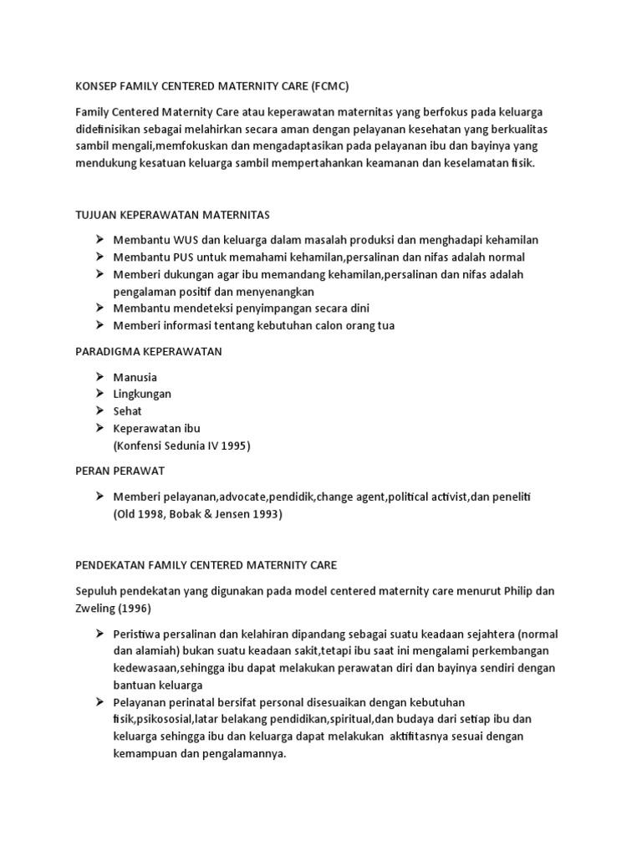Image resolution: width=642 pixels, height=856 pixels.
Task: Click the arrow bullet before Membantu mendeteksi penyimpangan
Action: pos(99,308)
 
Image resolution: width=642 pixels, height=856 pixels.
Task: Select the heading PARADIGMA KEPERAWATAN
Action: pos(149,351)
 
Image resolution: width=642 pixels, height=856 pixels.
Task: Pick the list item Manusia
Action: pos(135,377)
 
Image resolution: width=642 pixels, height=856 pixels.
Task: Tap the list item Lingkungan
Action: pos(142,394)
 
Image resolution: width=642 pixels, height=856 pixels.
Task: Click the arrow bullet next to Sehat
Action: pos(99,411)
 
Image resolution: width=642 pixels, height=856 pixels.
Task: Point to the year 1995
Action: pos(235,446)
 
